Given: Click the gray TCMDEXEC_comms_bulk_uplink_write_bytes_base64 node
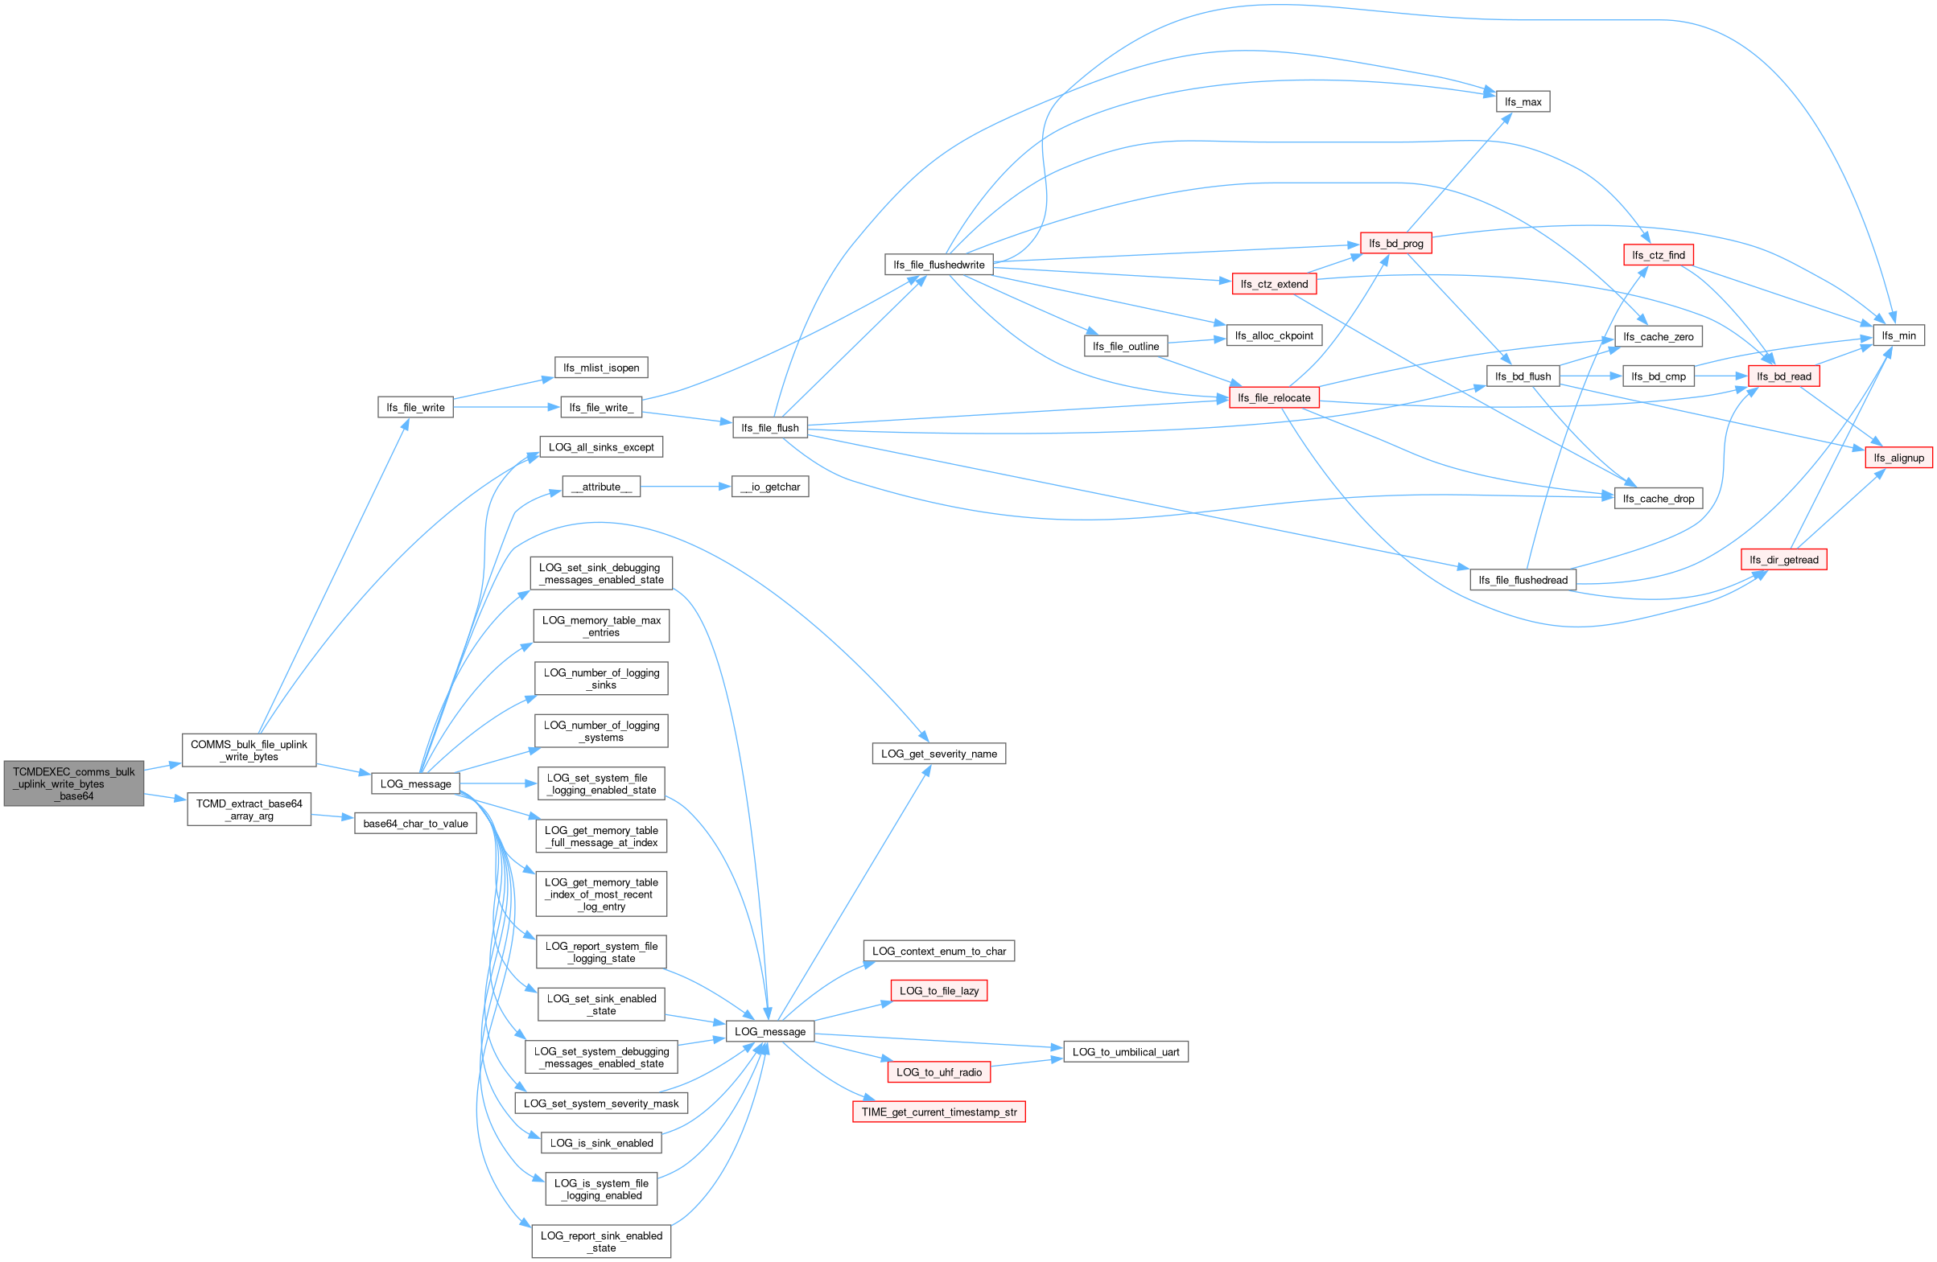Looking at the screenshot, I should pyautogui.click(x=73, y=783).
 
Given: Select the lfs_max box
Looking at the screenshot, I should pyautogui.click(x=1522, y=101).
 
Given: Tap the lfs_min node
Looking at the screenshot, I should pyautogui.click(x=1898, y=335).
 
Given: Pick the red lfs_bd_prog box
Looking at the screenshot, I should pyautogui.click(x=1395, y=243).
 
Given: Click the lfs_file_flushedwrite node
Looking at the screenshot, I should pyautogui.click(x=938, y=265).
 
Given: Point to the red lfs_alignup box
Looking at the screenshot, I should pyautogui.click(x=1898, y=458).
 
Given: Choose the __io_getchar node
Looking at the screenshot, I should pyautogui.click(x=770, y=487).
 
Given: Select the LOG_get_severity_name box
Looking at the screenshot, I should pyautogui.click(x=938, y=754).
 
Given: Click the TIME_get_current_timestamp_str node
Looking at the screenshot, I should pyautogui.click(x=938, y=1112).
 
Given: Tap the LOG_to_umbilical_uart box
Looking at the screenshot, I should pyautogui.click(x=1125, y=1051).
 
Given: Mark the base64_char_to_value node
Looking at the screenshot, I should pyautogui.click(x=415, y=824).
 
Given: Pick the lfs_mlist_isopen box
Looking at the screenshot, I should pyautogui.click(x=600, y=368).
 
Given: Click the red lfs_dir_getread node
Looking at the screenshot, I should pyautogui.click(x=1783, y=560).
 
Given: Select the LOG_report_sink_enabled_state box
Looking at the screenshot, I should pyautogui.click(x=600, y=1242).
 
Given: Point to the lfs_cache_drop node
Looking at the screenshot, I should pyautogui.click(x=1658, y=499).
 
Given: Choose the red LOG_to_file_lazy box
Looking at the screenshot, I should pyautogui.click(x=938, y=990).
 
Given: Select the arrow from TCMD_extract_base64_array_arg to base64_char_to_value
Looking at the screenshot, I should pyautogui.click(x=332, y=816).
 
